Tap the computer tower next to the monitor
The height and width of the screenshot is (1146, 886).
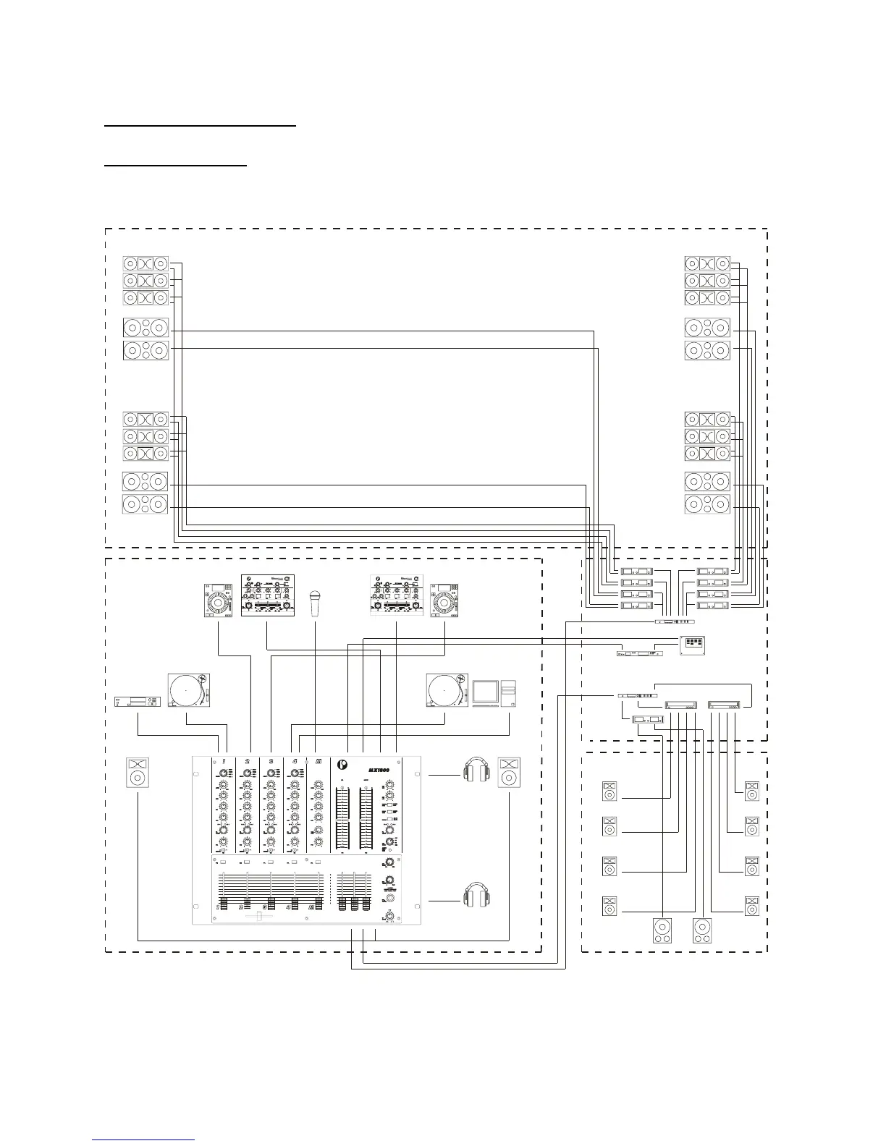point(509,692)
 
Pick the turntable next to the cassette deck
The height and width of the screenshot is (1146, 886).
point(188,690)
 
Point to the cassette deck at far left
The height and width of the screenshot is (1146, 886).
point(138,701)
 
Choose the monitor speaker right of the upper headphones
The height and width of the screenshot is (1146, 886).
point(509,772)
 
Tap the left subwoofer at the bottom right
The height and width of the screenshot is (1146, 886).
point(663,930)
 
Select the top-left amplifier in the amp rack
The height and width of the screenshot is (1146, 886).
point(637,572)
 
